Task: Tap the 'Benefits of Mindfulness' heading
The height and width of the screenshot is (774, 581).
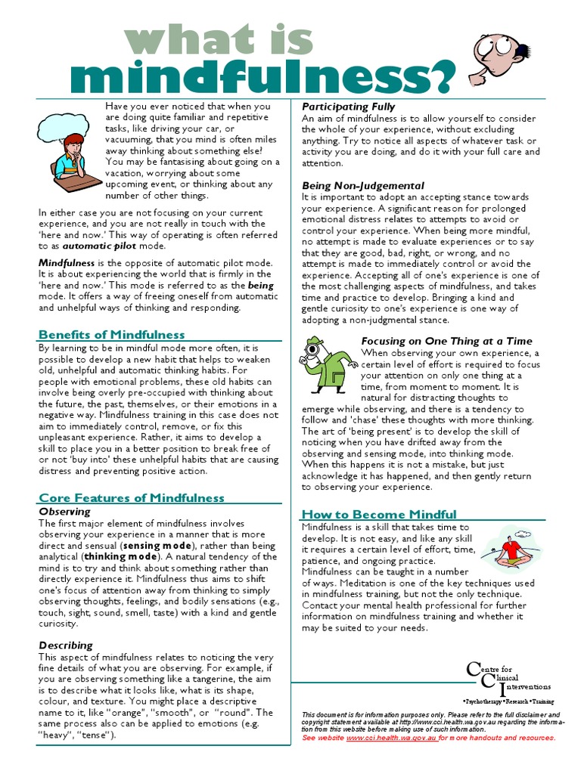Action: coord(111,334)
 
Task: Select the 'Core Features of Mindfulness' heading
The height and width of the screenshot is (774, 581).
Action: coord(131,497)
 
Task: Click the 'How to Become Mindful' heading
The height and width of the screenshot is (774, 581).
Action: coord(379,514)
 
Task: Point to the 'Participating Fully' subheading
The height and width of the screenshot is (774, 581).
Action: coord(348,107)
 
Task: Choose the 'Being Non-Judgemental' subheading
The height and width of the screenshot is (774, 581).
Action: coord(363,185)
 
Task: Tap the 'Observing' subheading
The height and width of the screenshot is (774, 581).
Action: coord(64,512)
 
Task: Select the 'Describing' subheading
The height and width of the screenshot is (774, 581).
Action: coord(66,646)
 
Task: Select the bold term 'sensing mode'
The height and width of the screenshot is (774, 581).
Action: coord(158,545)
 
